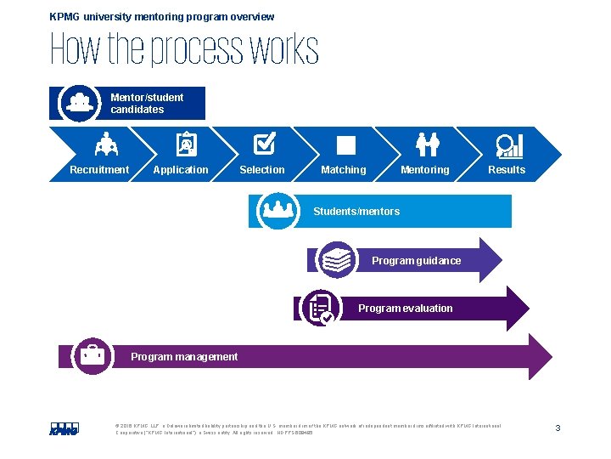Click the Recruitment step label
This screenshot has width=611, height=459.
pos(99,170)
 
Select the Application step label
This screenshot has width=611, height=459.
pos(180,170)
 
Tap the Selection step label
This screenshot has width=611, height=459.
pos(262,170)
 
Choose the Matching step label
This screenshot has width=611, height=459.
pos(344,170)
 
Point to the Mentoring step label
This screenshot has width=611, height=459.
pos(425,170)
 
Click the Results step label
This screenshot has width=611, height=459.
pos(507,170)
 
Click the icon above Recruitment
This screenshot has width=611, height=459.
pos(106,145)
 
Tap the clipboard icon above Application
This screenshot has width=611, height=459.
pos(186,145)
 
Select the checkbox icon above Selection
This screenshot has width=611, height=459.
pos(264,144)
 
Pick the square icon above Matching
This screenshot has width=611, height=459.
pos(346,145)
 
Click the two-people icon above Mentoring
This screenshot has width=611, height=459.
pos(427,145)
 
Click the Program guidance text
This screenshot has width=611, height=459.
pos(416,261)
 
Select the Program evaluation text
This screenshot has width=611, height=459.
pos(405,309)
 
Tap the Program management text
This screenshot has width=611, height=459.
pos(184,357)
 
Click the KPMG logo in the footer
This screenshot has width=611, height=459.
pos(64,428)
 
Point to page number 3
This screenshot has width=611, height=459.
pos(558,428)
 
